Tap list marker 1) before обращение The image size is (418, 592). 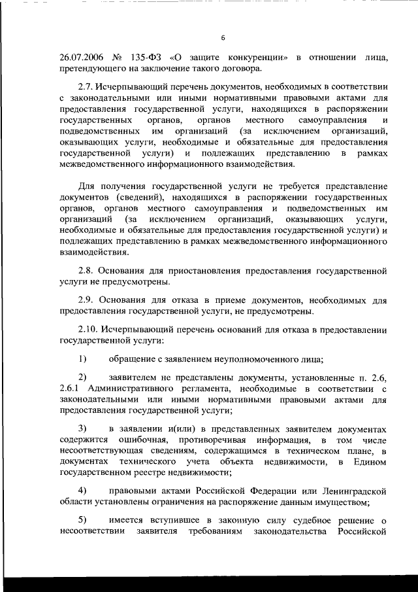[x=83, y=358]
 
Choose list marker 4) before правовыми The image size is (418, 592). [x=83, y=491]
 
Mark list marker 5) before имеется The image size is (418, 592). [x=83, y=520]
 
